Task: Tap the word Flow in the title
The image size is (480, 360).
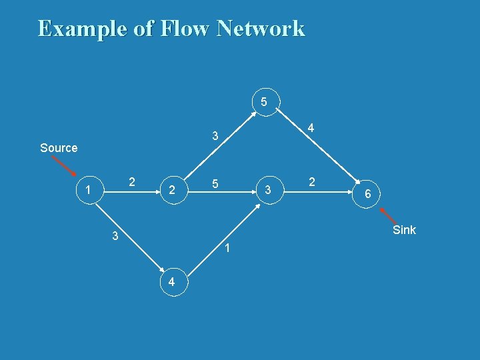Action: click(180, 29)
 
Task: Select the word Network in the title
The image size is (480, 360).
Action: click(260, 29)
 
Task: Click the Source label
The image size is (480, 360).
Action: click(59, 148)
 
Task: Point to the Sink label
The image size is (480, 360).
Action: click(404, 230)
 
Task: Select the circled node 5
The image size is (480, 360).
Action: click(265, 102)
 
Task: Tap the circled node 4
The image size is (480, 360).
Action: click(172, 282)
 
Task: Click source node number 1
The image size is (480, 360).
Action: click(88, 191)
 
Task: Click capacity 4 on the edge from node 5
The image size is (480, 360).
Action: click(311, 128)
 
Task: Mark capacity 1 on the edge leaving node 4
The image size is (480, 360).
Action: click(227, 249)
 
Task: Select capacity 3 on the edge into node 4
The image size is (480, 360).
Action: click(115, 235)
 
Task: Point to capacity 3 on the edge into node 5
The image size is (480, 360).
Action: click(215, 137)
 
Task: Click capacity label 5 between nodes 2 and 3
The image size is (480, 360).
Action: click(214, 183)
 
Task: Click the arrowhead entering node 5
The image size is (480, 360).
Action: click(254, 115)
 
